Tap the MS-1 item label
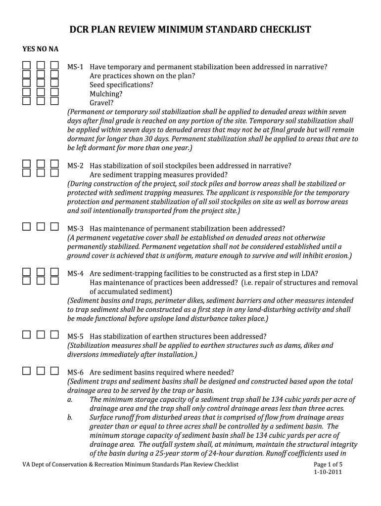76,67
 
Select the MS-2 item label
76,166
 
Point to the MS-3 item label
76,228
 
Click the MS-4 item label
76,273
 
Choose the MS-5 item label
76,336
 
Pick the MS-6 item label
76,372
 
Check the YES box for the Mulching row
26,92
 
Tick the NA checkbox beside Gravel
54,101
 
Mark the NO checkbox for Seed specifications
41,84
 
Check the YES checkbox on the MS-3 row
26,227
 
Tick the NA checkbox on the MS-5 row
54,335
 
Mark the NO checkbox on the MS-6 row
41,371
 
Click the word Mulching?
106,94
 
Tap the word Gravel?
101,103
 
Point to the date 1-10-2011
328,472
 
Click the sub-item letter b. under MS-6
70,417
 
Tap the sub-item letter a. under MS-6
70,399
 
